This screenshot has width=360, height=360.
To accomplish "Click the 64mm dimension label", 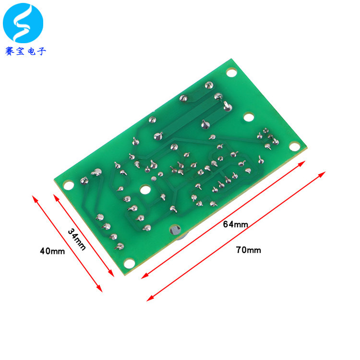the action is (x=236, y=224).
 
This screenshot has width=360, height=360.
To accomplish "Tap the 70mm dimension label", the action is (x=249, y=250).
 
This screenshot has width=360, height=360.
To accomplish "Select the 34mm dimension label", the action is (x=77, y=239).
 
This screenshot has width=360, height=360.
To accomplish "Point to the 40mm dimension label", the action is (x=52, y=251).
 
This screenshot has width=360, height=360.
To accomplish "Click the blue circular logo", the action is (x=23, y=23).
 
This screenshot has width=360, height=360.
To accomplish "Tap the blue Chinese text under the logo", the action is (x=25, y=51).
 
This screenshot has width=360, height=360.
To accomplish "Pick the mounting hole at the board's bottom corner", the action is (x=128, y=263).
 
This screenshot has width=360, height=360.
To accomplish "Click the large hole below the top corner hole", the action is (x=249, y=116).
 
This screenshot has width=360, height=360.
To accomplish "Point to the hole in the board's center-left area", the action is (x=144, y=189).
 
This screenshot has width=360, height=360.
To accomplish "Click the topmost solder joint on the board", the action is (x=208, y=85).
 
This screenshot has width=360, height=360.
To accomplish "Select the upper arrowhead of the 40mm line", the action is (x=34, y=197).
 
